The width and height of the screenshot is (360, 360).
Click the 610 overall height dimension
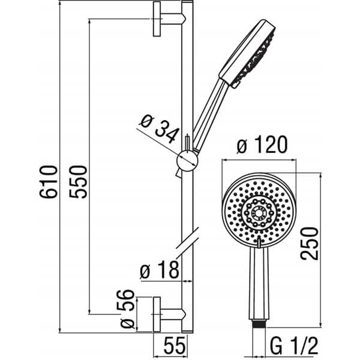coord(48,182)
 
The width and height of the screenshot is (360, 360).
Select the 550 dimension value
coord(78,182)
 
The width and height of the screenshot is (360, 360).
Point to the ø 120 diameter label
coord(262,145)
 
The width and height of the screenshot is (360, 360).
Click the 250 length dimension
coord(310,244)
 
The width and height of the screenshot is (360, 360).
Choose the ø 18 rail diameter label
coord(160,269)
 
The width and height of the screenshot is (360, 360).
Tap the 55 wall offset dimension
coord(174,345)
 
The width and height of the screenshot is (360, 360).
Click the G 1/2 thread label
coord(294,346)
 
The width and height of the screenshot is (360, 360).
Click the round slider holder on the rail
coord(187,161)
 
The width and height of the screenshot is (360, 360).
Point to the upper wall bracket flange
coord(157,19)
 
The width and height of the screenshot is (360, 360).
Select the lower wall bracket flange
coord(157,314)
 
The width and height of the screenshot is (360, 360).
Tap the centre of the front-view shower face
coord(259,214)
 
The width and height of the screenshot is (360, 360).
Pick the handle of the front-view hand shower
coord(259,283)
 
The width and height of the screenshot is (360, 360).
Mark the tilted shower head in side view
coord(247,54)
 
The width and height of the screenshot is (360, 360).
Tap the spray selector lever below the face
coord(259,243)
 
